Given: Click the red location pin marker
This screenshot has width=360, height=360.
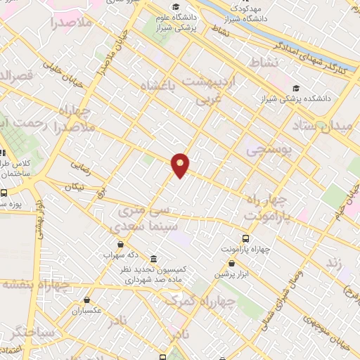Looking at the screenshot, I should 181,165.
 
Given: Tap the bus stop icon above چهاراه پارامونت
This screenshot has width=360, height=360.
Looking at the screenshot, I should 245,239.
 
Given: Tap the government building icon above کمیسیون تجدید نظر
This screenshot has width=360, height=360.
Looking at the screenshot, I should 153,258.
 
